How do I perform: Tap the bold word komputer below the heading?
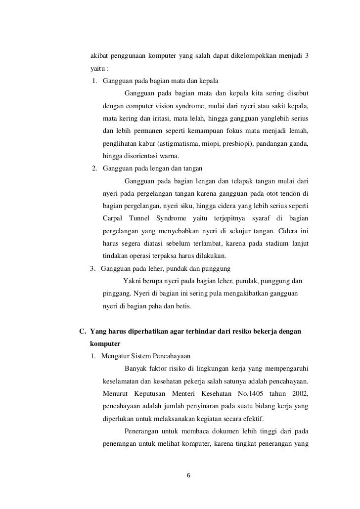(105, 344)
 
